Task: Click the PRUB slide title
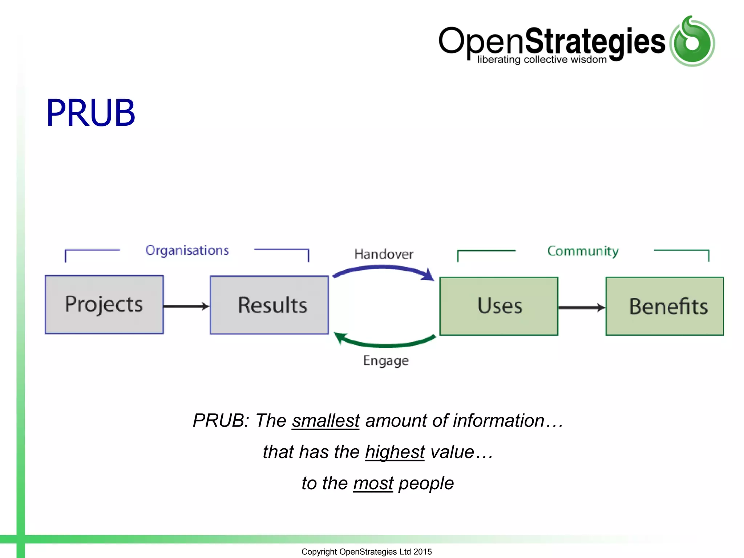pos(91,113)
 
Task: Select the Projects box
pos(104,304)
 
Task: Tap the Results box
pos(269,305)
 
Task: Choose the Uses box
pos(499,306)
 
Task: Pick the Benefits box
pos(664,306)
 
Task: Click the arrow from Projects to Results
pos(186,306)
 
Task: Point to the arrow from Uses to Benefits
pos(581,308)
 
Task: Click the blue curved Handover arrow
pos(383,268)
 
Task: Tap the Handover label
pos(384,254)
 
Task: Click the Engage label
pos(386,360)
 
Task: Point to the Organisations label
pos(187,250)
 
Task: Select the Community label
pos(583,251)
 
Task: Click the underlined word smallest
pos(325,421)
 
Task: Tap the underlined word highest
pos(395,452)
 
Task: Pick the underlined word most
pos(373,483)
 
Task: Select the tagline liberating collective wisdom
pos(542,60)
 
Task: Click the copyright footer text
pos(367,551)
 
